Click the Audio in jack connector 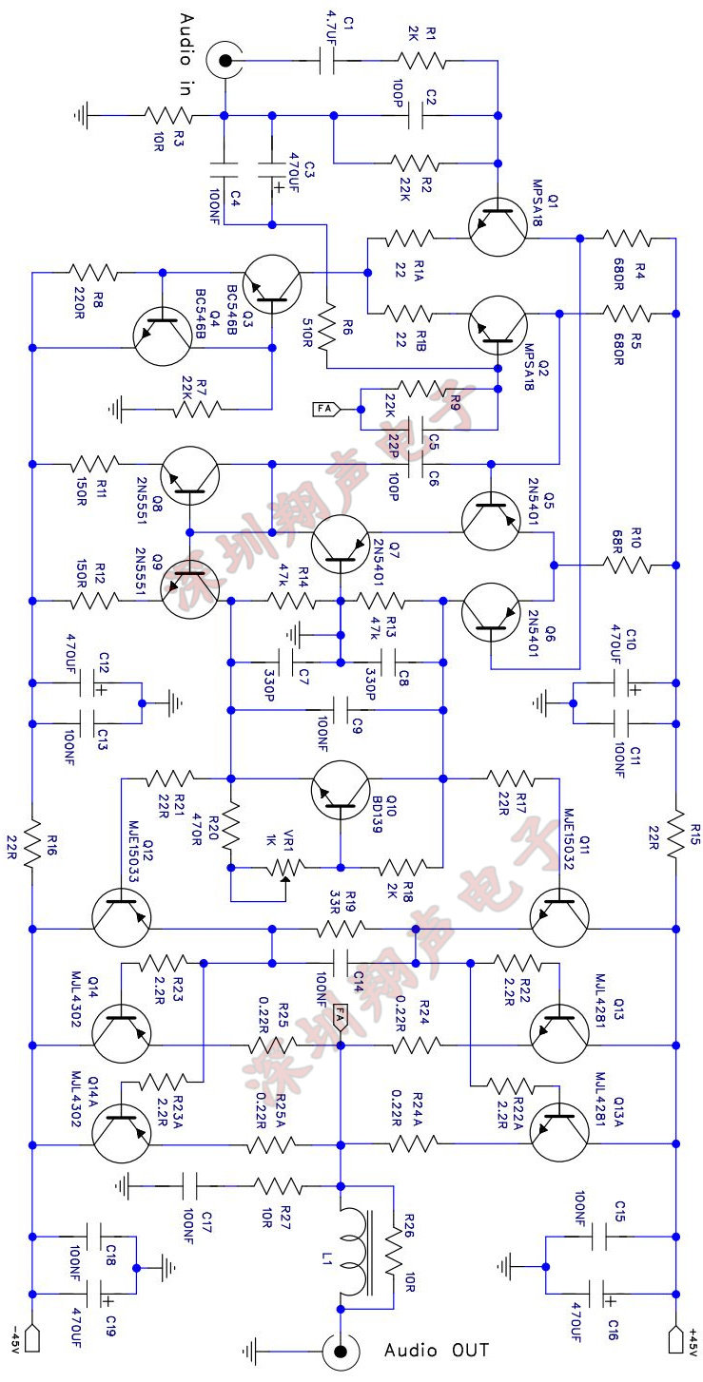coord(225,62)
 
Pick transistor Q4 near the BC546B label coord(164,336)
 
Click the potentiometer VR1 coord(285,867)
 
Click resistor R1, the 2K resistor coord(421,62)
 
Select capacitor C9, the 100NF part coord(340,708)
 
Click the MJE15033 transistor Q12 coord(123,912)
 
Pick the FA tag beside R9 coord(325,410)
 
